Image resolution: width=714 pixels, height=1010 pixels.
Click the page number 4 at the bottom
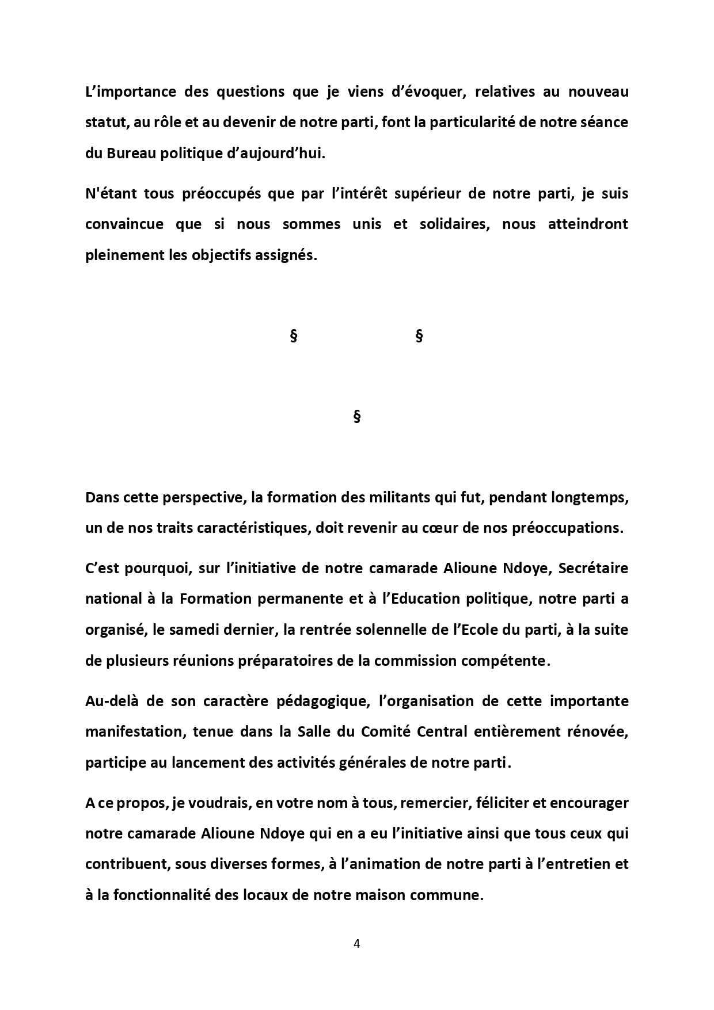point(356,944)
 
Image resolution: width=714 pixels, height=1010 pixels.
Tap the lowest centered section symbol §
point(356,416)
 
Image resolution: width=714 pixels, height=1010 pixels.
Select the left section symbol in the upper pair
point(294,336)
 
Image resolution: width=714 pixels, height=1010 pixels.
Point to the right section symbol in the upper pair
point(419,336)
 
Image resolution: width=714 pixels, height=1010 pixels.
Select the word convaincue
point(124,224)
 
